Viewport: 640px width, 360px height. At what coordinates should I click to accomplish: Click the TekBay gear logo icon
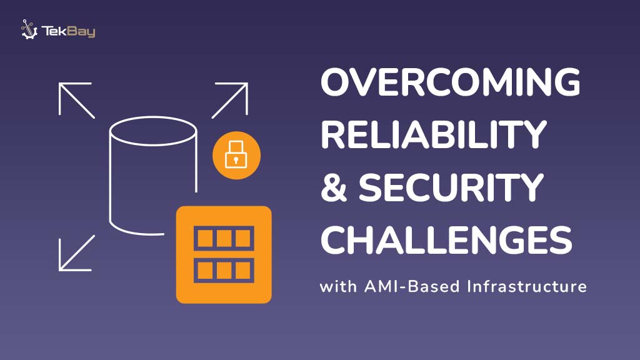(29, 29)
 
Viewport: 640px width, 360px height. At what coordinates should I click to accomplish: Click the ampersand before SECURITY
(334, 186)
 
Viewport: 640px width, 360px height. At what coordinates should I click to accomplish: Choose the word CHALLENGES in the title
(446, 239)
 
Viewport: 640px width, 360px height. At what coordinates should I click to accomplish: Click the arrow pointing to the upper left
(76, 99)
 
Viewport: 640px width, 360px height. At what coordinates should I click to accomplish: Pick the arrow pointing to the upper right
(230, 99)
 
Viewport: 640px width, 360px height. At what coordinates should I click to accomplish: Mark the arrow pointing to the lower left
(76, 253)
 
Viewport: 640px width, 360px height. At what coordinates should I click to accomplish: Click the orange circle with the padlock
(236, 156)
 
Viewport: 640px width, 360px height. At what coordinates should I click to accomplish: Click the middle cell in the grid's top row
(224, 238)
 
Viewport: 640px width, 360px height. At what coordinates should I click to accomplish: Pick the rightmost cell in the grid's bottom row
(243, 270)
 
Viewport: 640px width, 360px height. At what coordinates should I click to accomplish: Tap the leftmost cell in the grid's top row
(204, 238)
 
